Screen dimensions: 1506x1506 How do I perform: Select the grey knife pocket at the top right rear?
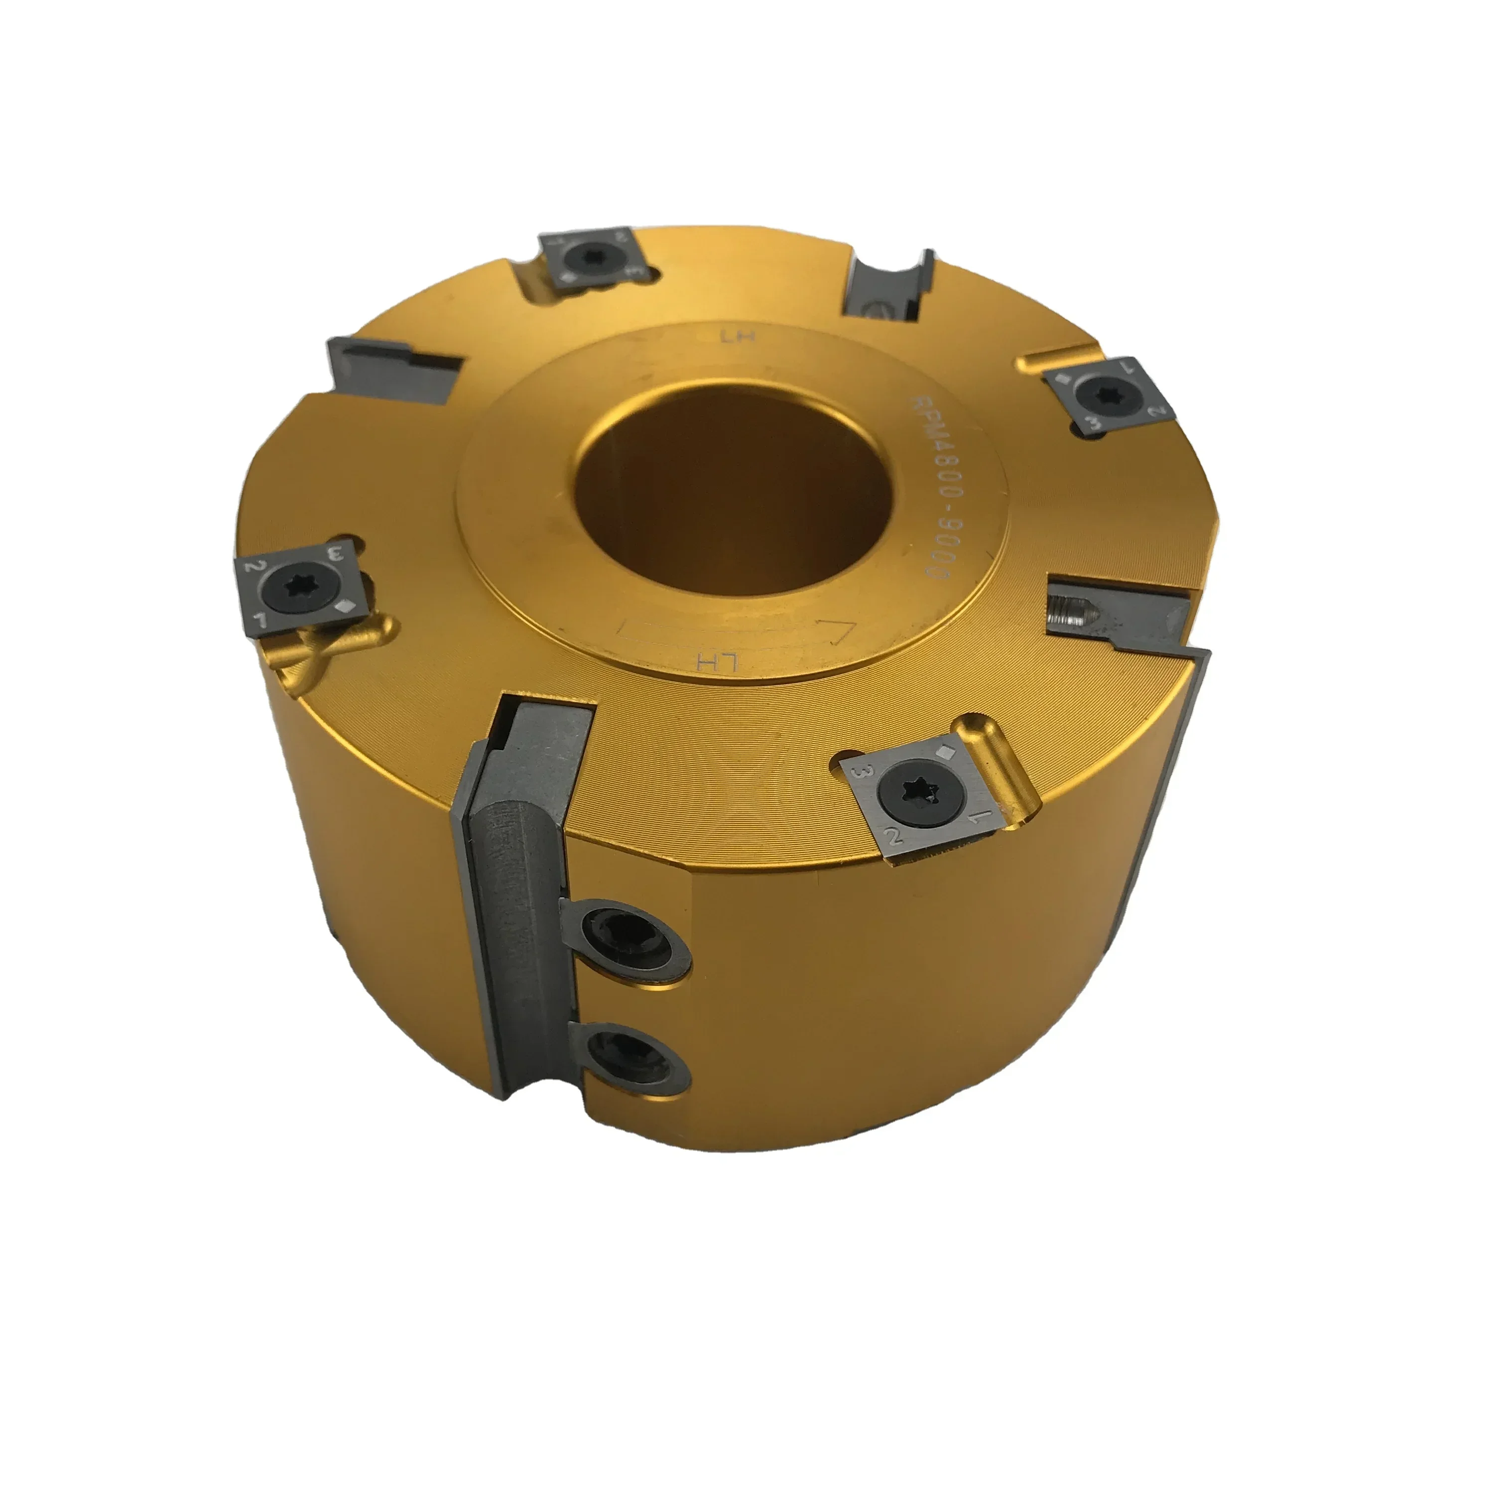click(888, 288)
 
